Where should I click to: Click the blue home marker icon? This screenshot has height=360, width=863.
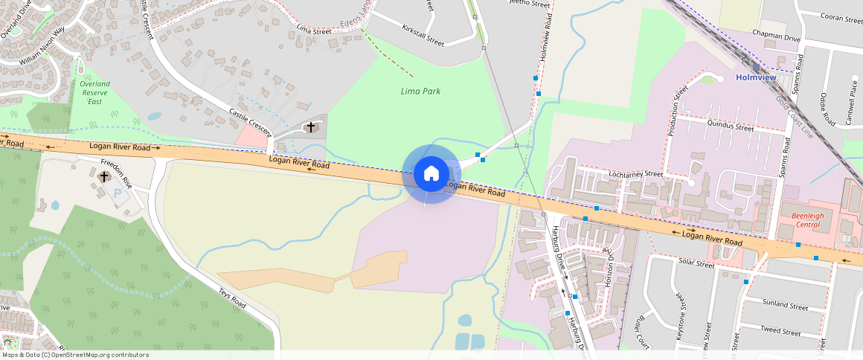431,174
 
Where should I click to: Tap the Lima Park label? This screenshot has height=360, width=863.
421,91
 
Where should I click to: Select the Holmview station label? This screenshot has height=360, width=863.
756,77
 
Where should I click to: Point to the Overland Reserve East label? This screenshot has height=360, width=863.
94,92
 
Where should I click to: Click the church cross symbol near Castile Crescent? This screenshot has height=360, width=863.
310,127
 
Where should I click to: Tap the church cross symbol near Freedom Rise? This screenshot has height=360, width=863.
103,176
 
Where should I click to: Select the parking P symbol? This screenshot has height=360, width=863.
118,192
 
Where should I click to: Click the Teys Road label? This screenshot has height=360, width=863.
231,298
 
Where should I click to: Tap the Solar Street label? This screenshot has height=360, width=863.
696,263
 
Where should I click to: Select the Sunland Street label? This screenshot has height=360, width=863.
786,306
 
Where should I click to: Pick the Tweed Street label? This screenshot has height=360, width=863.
780,331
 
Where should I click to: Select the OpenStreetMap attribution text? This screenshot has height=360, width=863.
74,355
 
